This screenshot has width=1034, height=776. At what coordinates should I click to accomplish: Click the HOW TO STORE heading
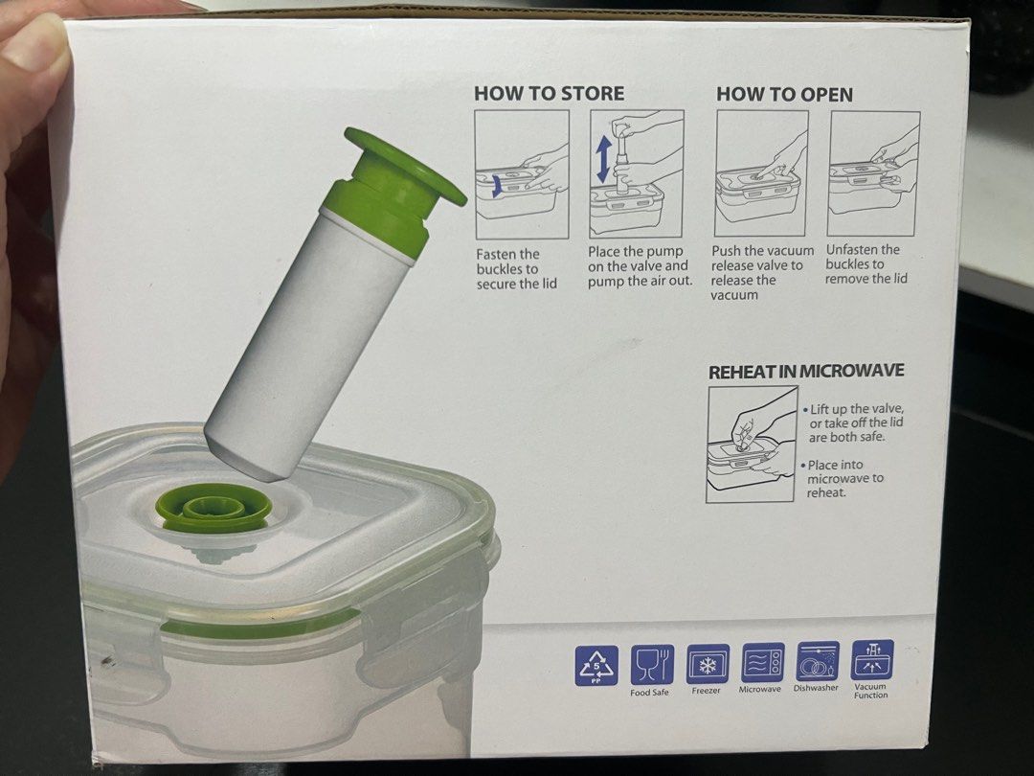[x=549, y=94]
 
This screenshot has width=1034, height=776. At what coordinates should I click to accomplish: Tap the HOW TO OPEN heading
[x=784, y=94]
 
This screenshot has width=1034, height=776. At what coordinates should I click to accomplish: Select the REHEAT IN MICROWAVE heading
[x=806, y=371]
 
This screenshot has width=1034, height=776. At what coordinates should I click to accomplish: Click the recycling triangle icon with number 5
[x=596, y=664]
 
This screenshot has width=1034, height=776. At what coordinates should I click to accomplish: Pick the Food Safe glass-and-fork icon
[x=652, y=663]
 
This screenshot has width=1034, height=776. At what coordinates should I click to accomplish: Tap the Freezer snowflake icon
[x=708, y=663]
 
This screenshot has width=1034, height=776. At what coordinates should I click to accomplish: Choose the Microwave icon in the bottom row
[x=762, y=662]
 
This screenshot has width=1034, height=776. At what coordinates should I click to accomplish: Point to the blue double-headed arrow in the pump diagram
[x=602, y=159]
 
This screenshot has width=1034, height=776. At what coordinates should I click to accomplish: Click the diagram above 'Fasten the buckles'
[x=522, y=174]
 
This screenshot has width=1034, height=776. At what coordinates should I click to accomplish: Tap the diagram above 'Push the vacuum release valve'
[x=762, y=172]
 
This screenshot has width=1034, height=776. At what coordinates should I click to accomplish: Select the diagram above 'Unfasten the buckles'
[x=874, y=172]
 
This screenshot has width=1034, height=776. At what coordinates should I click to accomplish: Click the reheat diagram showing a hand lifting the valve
[x=752, y=444]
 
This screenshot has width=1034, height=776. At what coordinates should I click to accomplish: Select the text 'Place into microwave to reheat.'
[x=845, y=478]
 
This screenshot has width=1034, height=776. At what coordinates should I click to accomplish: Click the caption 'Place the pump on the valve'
[x=639, y=266]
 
